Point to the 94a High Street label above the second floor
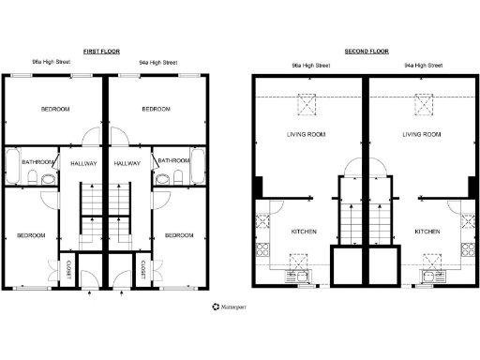point(422,66)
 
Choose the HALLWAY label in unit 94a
point(127,163)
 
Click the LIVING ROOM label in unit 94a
point(422,135)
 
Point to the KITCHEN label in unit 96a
point(303,232)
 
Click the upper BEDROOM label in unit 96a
point(55,110)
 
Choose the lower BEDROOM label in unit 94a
point(179,235)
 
